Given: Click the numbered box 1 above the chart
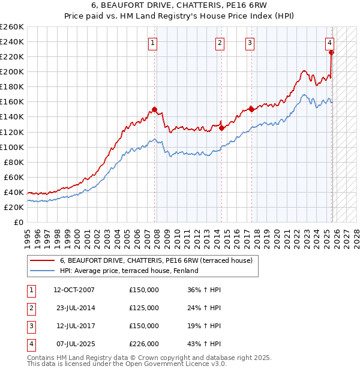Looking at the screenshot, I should pos(154,43).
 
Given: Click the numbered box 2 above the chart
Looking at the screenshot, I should pos(220,43).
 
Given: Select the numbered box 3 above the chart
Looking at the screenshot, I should pos(250,43).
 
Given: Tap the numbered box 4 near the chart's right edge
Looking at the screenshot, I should pos(330,43).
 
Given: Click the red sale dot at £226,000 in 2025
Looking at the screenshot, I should pos(331,52).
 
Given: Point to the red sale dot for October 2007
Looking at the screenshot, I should pos(154,109).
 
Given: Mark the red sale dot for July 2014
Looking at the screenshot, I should pos(221,128).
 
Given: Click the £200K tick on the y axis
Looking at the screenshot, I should pos(12,71).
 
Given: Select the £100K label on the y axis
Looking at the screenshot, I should pos(12,147).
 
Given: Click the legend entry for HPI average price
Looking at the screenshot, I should pos(129,271).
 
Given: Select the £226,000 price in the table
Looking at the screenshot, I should pos(144,344).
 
